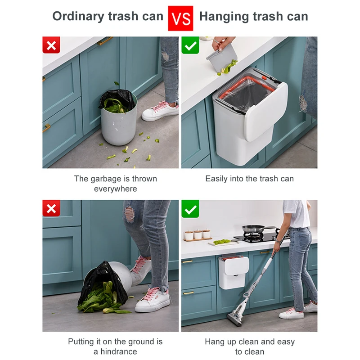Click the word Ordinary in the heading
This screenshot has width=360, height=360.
(79, 17)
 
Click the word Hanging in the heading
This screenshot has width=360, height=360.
(227, 17)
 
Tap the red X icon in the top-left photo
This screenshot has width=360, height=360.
(51, 45)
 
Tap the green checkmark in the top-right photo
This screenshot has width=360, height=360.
(190, 45)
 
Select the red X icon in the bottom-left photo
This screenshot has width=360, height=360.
(51, 209)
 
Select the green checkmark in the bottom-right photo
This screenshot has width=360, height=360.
(190, 209)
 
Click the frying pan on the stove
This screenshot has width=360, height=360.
(254, 229)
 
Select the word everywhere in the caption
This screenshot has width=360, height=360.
(115, 189)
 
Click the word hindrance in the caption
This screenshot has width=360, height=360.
(119, 351)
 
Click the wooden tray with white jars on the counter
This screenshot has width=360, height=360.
(198, 236)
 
